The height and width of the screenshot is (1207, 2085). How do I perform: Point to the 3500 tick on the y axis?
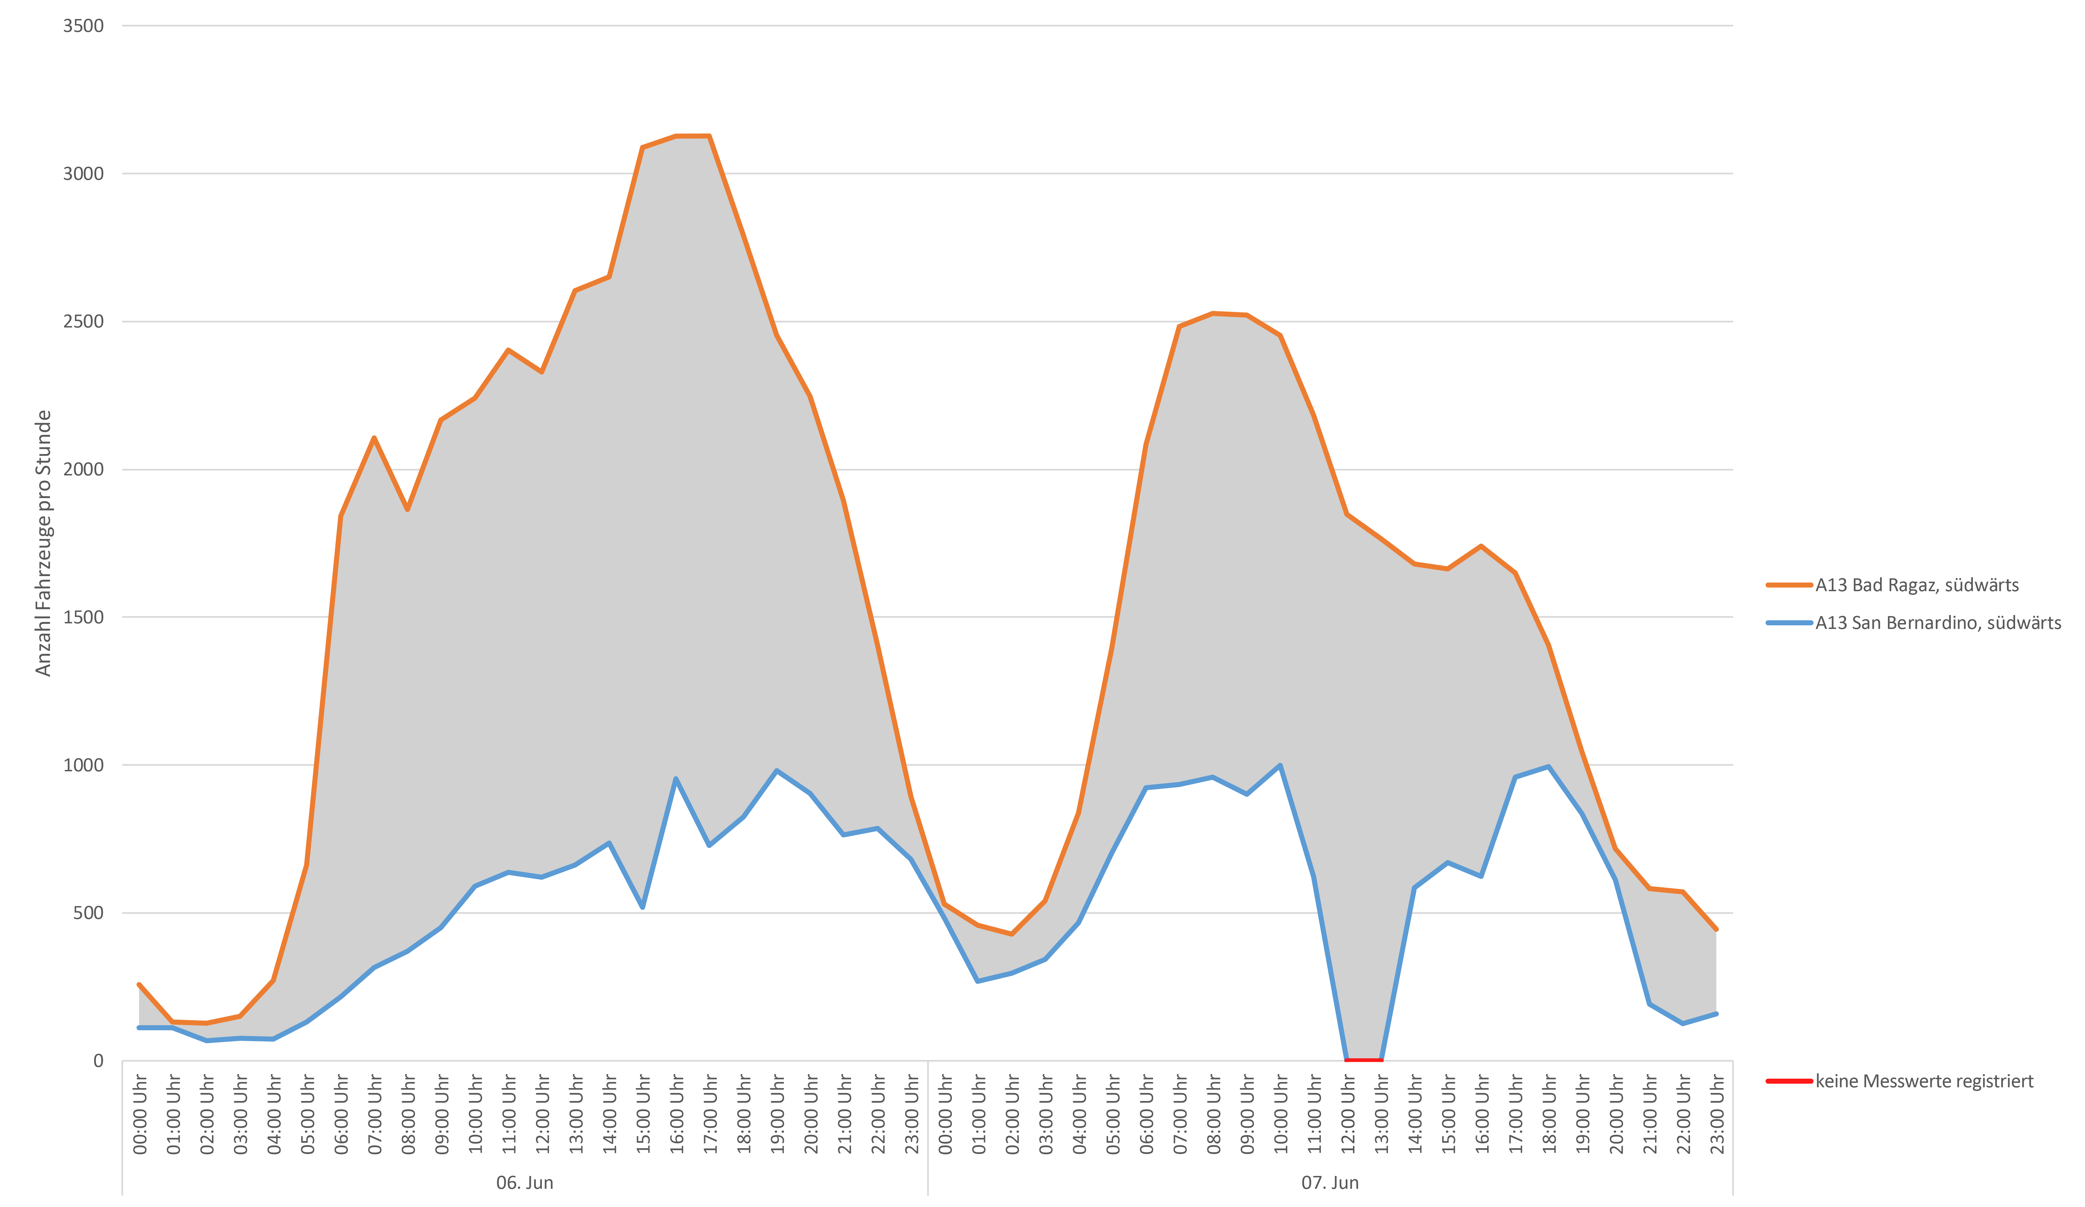pos(84,26)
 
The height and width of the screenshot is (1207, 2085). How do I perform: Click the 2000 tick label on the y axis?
pos(84,469)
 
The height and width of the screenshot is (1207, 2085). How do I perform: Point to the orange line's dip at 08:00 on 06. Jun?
pos(407,510)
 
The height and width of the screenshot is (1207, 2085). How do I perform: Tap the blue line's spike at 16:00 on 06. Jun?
pos(676,779)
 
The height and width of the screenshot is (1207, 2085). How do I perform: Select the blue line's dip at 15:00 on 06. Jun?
pos(642,907)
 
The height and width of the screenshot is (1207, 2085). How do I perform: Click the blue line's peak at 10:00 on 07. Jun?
pos(1280,765)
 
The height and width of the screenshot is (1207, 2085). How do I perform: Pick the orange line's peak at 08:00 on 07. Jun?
pos(1213,313)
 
